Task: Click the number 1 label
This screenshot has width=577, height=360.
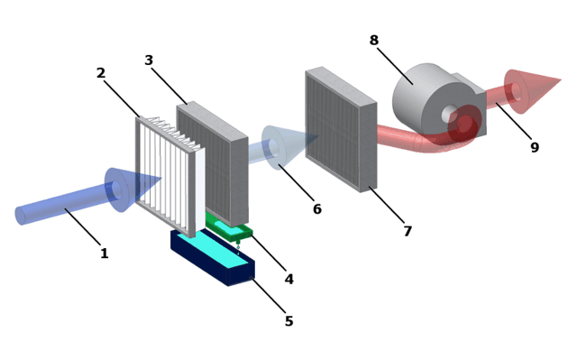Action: [105, 254]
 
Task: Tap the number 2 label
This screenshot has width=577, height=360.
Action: [101, 72]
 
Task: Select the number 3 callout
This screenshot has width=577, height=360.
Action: [149, 60]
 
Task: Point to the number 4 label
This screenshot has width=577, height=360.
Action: [289, 279]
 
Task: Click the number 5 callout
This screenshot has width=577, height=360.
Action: [289, 321]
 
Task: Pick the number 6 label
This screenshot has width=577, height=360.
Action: [317, 208]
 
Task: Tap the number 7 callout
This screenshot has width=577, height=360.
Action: [408, 231]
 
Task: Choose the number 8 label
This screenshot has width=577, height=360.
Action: [374, 40]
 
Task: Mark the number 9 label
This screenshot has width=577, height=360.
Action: [535, 147]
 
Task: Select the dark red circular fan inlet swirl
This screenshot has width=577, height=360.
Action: [464, 125]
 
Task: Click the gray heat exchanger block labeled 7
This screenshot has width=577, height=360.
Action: [341, 130]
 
